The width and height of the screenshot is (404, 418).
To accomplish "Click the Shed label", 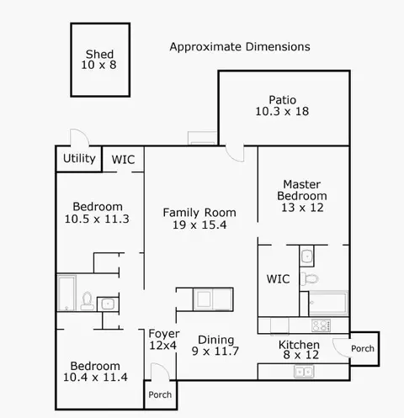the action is click(99, 54).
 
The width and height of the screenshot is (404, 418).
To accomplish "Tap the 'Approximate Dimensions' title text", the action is click(240, 47).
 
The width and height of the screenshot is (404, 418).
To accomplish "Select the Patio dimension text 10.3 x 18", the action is click(282, 111).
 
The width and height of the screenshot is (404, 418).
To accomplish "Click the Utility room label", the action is click(79, 158).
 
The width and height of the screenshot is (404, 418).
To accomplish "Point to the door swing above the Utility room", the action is click(80, 137).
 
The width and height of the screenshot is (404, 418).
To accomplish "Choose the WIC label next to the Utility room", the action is click(123, 160).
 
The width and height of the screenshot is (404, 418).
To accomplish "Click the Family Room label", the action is click(199, 213).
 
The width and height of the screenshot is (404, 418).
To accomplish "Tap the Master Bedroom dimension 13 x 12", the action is click(302, 208).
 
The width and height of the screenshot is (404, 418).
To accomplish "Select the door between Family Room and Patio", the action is click(235, 154).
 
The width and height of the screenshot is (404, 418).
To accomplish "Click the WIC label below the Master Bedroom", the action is click(278, 279).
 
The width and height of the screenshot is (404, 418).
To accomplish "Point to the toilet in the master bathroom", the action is click(309, 279).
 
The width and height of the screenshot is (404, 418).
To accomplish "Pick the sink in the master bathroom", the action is click(306, 257).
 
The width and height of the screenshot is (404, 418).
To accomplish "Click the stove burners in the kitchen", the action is click(321, 325).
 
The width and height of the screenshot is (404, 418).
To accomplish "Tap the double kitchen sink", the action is click(304, 372).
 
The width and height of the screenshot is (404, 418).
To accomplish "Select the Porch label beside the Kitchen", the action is click(363, 348).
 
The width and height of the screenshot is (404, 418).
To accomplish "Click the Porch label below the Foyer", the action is click(160, 394).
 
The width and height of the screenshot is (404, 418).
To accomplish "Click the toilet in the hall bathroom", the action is click(87, 301).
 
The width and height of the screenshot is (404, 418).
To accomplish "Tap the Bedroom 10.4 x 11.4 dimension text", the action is click(95, 378).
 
